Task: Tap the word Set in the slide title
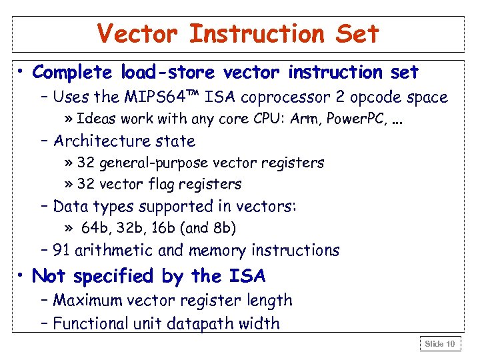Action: click(x=358, y=33)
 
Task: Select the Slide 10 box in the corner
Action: click(x=441, y=344)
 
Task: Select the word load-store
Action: click(x=168, y=72)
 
